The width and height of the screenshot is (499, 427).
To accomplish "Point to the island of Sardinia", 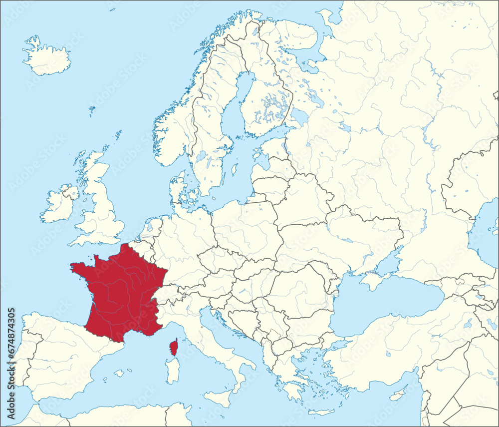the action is [172, 372].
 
